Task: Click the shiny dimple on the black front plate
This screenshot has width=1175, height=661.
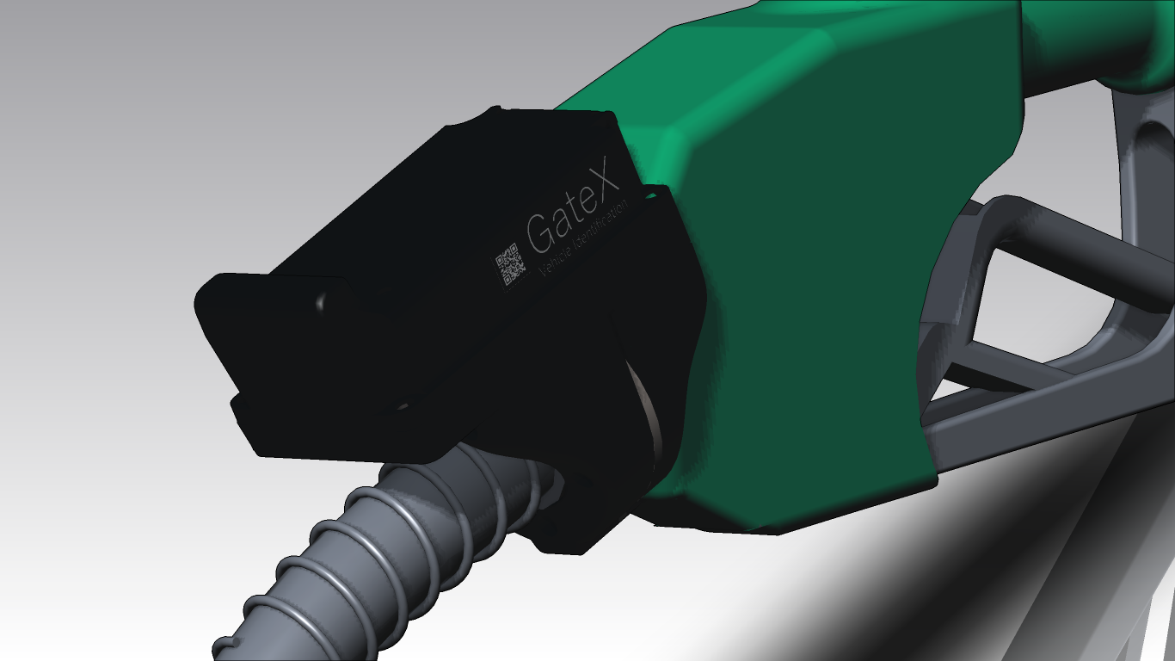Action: tap(321, 300)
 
